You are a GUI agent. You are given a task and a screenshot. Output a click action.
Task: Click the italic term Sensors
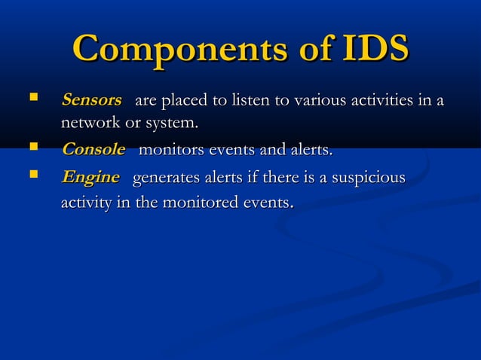[x=91, y=99]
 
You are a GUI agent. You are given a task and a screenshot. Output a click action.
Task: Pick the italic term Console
[x=93, y=149]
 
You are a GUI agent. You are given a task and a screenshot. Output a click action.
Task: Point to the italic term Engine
[x=90, y=178]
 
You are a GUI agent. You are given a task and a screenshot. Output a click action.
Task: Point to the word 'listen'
[x=253, y=99]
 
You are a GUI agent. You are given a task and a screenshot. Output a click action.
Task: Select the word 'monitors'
[x=172, y=150]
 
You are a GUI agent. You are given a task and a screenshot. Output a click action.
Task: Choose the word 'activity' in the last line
[x=87, y=203]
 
